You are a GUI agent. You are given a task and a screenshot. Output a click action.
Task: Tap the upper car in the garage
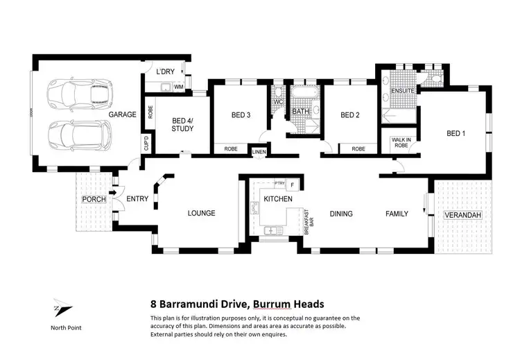[73, 93]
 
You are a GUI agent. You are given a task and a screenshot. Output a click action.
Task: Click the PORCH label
[94, 199]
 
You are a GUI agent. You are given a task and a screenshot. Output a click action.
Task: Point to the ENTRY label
[137, 199]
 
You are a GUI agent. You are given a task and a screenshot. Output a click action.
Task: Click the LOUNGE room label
[201, 213]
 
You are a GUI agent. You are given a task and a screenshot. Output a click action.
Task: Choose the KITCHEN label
[278, 199]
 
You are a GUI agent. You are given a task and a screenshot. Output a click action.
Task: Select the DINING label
[341, 214]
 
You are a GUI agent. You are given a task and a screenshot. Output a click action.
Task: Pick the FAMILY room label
[397, 214]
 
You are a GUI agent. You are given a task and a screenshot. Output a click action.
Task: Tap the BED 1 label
[456, 133]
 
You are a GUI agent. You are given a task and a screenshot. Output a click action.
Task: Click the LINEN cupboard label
[259, 151]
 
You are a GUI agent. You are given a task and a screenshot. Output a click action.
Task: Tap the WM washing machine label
[178, 87]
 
